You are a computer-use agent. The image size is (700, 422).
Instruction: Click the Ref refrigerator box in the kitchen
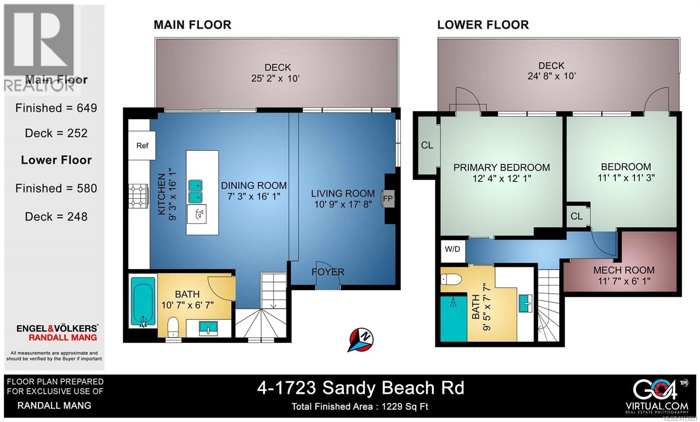142,146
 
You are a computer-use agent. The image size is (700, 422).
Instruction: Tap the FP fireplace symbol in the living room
388,199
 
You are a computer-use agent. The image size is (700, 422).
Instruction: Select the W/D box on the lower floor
452,249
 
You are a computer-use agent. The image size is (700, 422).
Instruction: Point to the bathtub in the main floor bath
143,302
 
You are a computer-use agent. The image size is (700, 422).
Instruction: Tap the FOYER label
328,272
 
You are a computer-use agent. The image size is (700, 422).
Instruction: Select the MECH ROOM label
624,270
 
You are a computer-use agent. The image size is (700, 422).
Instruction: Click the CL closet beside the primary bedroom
427,145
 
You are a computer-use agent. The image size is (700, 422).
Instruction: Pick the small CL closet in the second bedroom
577,216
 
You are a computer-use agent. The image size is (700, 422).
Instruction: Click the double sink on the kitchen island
195,192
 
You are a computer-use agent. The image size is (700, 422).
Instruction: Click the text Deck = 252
56,133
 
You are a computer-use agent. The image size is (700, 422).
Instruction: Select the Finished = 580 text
56,188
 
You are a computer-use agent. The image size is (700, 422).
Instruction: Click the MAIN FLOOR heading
192,25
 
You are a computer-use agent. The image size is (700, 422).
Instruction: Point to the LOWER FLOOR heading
483,25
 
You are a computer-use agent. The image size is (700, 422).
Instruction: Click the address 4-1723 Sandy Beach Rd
360,388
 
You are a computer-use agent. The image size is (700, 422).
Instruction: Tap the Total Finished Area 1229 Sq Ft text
360,407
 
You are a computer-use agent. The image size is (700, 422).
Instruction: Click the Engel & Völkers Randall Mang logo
57,332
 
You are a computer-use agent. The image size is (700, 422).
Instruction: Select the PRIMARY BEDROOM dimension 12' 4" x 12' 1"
501,178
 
